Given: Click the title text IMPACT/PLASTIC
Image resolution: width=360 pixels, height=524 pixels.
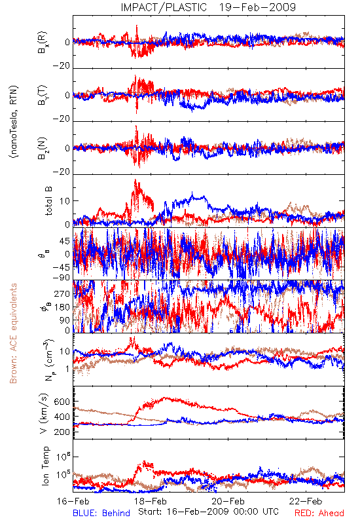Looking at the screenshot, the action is click(x=164, y=7).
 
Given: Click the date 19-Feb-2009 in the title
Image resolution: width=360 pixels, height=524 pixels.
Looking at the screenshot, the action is click(x=257, y=7).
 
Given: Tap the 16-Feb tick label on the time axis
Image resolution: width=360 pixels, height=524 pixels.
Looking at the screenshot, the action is click(x=73, y=501).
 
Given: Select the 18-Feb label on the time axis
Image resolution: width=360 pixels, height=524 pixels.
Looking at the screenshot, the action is click(x=151, y=501).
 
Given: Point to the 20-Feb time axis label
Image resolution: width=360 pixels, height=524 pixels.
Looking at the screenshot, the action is click(x=228, y=501).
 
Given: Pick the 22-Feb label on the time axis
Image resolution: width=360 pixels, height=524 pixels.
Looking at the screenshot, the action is click(x=306, y=501).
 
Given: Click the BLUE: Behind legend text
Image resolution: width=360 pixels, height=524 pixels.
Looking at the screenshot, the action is click(x=101, y=514).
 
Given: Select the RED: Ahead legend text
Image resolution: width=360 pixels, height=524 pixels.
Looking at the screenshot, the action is click(x=319, y=514).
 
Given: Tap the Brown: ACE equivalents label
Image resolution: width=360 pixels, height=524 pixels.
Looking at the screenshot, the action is click(x=13, y=333).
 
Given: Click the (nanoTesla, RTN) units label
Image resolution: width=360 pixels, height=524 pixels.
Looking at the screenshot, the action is click(x=14, y=122).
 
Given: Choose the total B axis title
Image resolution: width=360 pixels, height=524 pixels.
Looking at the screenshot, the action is click(x=48, y=201).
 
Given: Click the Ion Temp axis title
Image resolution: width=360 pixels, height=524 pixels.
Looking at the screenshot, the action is click(x=45, y=466).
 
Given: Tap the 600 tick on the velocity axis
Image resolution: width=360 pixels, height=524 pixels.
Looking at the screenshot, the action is click(x=62, y=402).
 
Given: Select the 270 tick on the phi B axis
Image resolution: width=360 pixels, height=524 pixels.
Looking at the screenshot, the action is click(x=62, y=293).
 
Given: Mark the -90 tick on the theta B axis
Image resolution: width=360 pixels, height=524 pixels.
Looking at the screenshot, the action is click(x=62, y=278).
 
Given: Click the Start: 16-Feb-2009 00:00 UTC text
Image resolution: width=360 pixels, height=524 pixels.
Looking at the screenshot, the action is click(x=208, y=512).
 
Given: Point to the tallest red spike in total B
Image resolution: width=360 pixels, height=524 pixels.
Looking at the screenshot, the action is click(x=135, y=181).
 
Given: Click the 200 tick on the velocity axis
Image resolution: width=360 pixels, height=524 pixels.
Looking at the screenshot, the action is click(x=62, y=432).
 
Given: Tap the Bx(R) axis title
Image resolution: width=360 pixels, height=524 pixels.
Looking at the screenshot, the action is click(x=43, y=43).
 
